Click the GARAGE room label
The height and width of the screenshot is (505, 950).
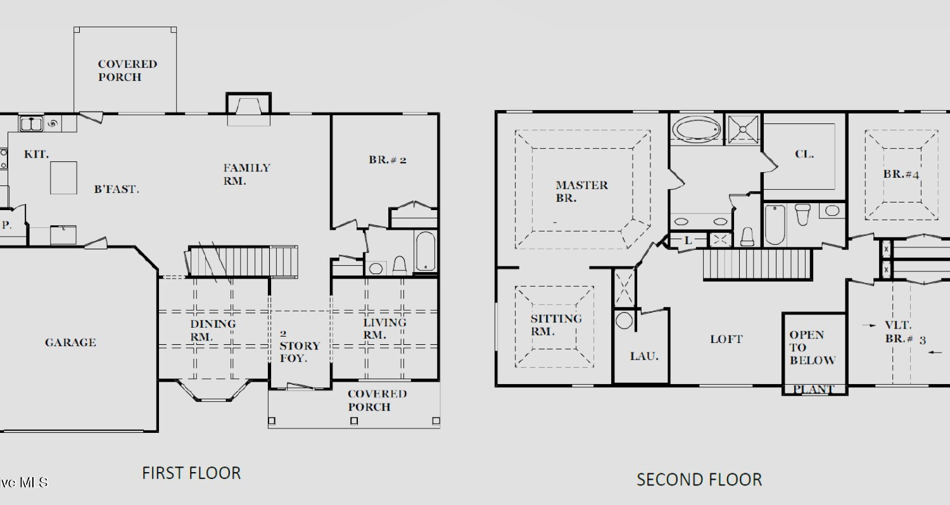tap(70, 342)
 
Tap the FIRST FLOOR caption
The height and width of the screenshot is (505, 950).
tap(191, 473)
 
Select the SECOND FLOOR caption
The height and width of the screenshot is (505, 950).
tap(699, 480)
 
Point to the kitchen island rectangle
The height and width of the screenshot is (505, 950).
tap(63, 178)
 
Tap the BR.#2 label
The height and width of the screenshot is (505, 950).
tap(387, 159)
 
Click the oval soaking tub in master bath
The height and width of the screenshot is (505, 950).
tap(697, 128)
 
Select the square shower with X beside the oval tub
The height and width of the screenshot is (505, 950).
tap(743, 128)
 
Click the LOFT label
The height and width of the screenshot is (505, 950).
tap(726, 339)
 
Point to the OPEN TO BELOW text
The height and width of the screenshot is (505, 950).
tap(812, 348)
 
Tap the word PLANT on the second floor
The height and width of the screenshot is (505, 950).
tap(813, 389)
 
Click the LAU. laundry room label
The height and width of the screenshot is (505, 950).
tap(644, 356)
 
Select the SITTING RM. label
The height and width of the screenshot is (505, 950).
tap(556, 325)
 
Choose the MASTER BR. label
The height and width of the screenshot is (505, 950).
tap(581, 192)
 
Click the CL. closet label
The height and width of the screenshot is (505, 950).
tap(804, 154)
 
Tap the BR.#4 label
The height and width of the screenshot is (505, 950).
tap(901, 174)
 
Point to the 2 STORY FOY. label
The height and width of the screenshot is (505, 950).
tap(300, 346)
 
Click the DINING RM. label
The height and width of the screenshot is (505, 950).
tap(213, 330)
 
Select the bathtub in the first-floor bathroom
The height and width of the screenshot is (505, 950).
tap(426, 251)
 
